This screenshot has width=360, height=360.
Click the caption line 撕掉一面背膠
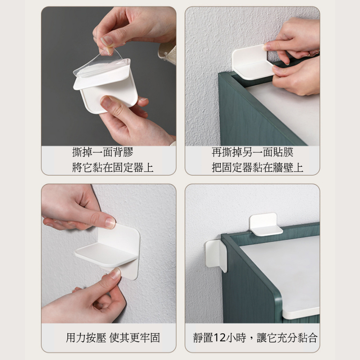(x=103, y=152)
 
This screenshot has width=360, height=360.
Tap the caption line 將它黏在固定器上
(x=113, y=167)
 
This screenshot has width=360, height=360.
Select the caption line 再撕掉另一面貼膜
(x=252, y=152)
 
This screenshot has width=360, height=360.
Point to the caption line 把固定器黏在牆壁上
(x=257, y=167)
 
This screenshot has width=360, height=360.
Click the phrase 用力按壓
(x=86, y=338)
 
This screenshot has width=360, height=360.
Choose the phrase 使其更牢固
(x=135, y=338)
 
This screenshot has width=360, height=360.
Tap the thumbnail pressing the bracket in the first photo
(x=105, y=102)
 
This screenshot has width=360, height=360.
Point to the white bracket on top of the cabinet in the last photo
(x=265, y=224)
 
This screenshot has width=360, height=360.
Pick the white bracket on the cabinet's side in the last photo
(x=216, y=255)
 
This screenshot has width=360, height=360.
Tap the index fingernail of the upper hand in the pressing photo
(x=110, y=222)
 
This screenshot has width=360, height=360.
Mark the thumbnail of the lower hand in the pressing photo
(x=116, y=273)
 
